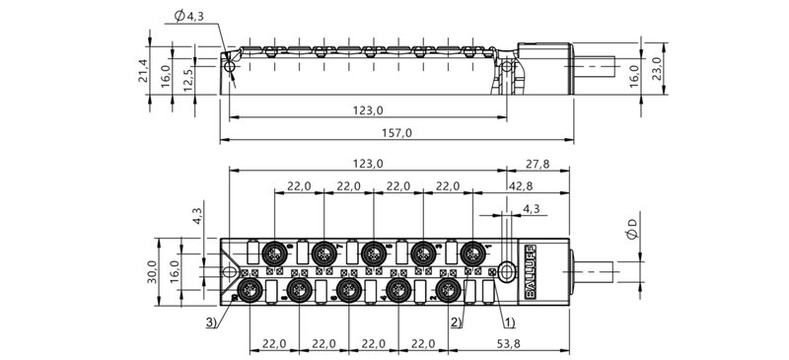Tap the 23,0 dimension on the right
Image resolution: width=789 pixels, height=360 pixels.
point(658,67)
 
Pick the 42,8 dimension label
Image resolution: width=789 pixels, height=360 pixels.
point(523,186)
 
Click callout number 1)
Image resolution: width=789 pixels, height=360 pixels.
point(507,321)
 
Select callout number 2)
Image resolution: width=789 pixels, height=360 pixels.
point(456,321)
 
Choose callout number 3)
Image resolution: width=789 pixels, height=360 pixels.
point(212,321)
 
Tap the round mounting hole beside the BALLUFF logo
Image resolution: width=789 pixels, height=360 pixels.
point(507,268)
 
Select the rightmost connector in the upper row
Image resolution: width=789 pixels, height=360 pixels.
point(474,252)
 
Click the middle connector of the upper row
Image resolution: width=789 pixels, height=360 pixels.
point(372,252)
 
